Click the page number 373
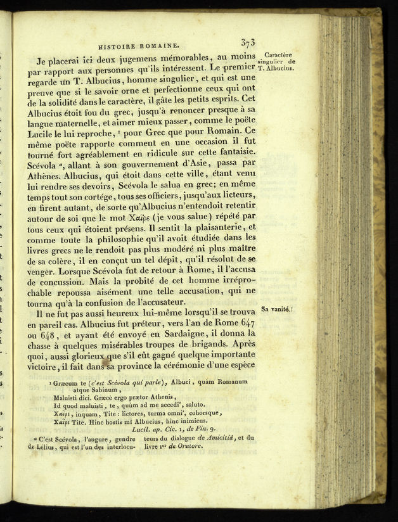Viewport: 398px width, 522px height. click(x=248, y=43)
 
